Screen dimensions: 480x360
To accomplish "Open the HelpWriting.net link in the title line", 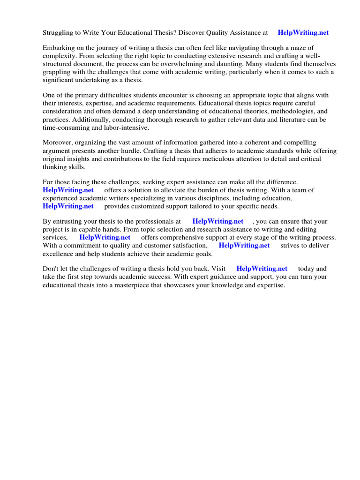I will pos(303,33).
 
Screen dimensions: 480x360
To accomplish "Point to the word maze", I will pos(289,48).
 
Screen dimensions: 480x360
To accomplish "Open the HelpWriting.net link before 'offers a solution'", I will pos(68,190).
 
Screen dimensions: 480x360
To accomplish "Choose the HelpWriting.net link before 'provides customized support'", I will pos(68,206).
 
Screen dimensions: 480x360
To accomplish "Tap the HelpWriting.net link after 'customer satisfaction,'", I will pos(244,245).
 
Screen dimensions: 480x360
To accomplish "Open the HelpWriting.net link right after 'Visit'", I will pos(262,269).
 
